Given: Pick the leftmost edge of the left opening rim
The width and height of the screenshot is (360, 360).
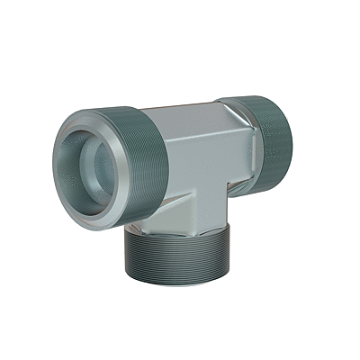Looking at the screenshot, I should click(x=53, y=166).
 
